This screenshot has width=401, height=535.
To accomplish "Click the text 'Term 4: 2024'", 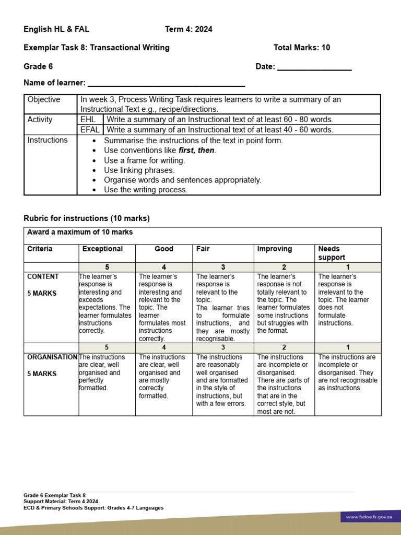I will point(188,29).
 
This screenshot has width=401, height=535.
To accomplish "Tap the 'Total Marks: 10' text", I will point(302,48).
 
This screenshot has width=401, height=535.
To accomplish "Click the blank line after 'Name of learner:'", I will point(166,83).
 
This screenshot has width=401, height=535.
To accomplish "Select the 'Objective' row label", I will point(44,100).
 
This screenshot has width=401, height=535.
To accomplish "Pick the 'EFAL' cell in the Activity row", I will point(90,130).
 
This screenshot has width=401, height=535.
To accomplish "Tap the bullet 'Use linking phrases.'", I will point(139,170).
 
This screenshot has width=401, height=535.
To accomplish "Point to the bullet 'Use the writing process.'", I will point(146,190).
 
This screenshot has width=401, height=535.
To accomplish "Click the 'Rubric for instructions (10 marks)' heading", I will point(87,218).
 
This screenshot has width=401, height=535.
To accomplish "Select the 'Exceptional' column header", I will point(103,249).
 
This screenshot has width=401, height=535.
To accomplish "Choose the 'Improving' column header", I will point(275,249).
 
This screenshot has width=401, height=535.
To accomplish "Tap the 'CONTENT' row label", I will point(43,277).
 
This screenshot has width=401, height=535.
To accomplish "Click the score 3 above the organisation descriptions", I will point(223,347).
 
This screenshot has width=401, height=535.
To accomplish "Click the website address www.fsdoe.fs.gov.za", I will point(368,517).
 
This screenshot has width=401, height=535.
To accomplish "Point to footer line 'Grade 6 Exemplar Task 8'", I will point(54,495).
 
